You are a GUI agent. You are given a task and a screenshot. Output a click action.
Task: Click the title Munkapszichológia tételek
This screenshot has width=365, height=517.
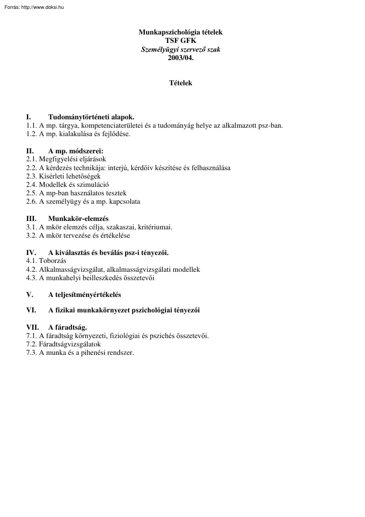click(x=181, y=32)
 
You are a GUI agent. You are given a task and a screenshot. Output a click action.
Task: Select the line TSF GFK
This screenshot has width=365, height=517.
click(x=181, y=41)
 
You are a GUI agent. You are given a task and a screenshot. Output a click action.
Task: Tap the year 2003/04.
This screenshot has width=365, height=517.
click(x=181, y=57)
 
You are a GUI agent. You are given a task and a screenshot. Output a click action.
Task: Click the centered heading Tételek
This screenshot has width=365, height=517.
click(x=181, y=83)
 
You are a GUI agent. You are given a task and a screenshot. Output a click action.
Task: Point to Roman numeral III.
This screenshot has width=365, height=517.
click(x=31, y=219)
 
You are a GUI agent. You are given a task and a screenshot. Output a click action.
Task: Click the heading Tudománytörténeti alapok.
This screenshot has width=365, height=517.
click(x=91, y=117)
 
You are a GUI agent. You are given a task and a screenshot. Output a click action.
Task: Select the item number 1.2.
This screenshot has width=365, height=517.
click(x=31, y=134)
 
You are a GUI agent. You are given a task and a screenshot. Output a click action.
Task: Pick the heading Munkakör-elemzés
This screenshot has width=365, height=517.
click(x=78, y=219)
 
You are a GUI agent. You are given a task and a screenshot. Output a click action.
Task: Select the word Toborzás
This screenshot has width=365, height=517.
click(x=53, y=261)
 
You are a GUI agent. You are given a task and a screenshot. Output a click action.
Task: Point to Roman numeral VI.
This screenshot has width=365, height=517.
click(x=31, y=310)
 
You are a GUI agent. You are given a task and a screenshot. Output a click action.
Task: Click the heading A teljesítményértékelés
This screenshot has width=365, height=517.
click(x=84, y=295)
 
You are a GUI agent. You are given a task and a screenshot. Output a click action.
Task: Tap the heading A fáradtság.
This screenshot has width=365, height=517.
click(x=68, y=327)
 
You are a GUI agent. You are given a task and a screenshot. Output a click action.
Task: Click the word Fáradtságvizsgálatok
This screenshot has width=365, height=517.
click(x=70, y=344)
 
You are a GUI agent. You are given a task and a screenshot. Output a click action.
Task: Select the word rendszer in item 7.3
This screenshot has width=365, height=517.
click(x=120, y=353)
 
